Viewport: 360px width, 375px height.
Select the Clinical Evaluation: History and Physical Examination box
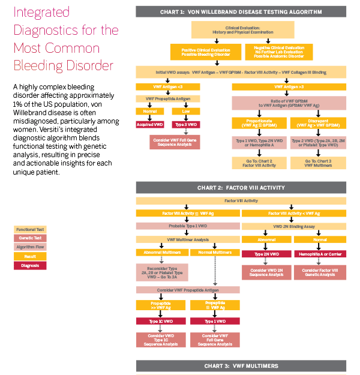(242, 30)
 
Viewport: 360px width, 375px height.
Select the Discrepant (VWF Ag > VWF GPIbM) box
(318, 124)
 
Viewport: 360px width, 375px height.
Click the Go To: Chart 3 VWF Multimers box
(318, 163)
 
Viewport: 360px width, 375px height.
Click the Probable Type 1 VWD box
(187, 226)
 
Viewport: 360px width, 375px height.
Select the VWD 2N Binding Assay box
(293, 226)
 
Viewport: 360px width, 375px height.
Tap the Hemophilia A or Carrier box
(319, 254)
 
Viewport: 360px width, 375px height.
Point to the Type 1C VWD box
(161, 322)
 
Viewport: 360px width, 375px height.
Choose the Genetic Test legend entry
(30, 238)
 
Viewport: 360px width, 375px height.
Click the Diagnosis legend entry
(30, 265)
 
